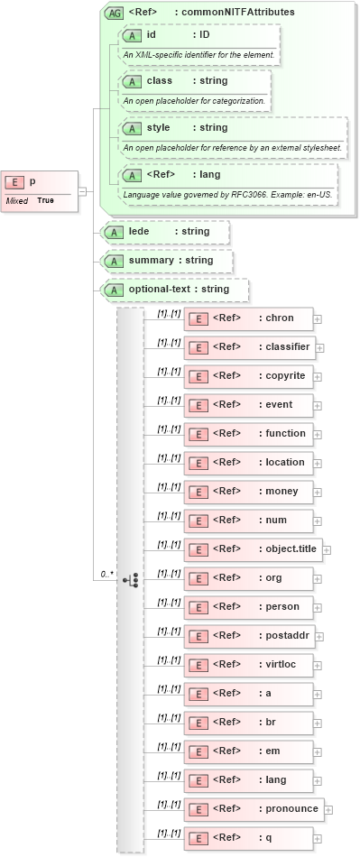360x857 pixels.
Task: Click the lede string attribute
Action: [x=166, y=232]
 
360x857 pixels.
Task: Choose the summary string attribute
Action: [x=168, y=261]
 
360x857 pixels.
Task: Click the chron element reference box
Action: [x=249, y=318]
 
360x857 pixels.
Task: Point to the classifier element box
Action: [x=249, y=346]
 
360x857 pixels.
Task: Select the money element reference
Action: [x=249, y=491]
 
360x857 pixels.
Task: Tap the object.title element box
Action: [x=253, y=548]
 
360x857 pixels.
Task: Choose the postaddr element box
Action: [x=249, y=635]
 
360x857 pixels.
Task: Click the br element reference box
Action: [x=249, y=722]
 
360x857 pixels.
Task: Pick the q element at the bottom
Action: [x=249, y=837]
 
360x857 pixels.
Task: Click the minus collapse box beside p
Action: [x=82, y=191]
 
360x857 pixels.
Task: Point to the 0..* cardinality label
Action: [x=106, y=574]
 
